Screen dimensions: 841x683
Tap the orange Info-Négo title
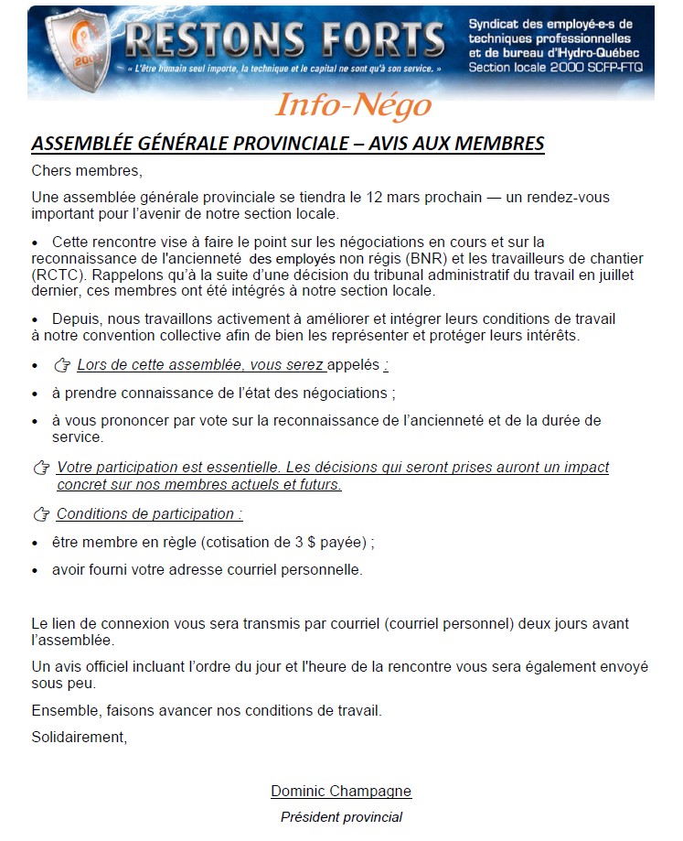[353, 105]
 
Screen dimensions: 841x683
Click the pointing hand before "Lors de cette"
[62, 366]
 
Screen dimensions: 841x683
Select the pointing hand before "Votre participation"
[41, 469]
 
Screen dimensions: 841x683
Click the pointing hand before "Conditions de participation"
[41, 515]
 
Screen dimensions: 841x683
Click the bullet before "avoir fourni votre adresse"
[36, 570]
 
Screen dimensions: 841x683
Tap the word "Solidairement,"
[79, 737]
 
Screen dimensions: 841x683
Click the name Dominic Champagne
[341, 791]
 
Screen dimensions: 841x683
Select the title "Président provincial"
[341, 816]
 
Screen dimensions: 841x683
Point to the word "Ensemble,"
[62, 710]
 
